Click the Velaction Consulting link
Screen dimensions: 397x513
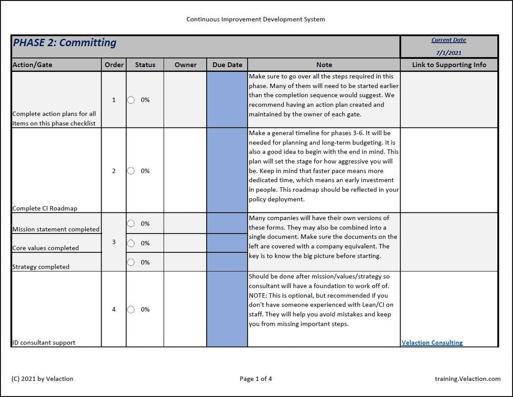tap(432, 342)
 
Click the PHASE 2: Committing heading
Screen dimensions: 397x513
tap(65, 43)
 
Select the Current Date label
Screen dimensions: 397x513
tap(448, 40)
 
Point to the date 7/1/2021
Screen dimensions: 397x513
tap(448, 53)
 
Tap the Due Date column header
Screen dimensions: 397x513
tap(227, 65)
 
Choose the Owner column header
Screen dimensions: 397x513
tap(185, 65)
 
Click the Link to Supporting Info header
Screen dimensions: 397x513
tap(449, 65)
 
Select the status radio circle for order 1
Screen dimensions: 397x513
tap(131, 100)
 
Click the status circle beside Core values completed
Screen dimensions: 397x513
tap(131, 243)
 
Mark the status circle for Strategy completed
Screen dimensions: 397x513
tap(131, 262)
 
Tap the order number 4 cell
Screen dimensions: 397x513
tap(114, 310)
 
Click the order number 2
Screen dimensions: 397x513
tap(114, 171)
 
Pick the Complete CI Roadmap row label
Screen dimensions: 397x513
tap(45, 208)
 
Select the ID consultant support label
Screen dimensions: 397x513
tap(44, 342)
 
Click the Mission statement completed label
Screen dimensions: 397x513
tap(56, 229)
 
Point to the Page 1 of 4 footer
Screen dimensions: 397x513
tap(256, 379)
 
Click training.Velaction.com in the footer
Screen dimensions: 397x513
tap(467, 379)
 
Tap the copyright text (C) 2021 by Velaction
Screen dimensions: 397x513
tap(43, 379)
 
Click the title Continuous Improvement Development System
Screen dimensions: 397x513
tap(256, 19)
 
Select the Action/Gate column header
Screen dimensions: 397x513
tap(32, 65)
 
